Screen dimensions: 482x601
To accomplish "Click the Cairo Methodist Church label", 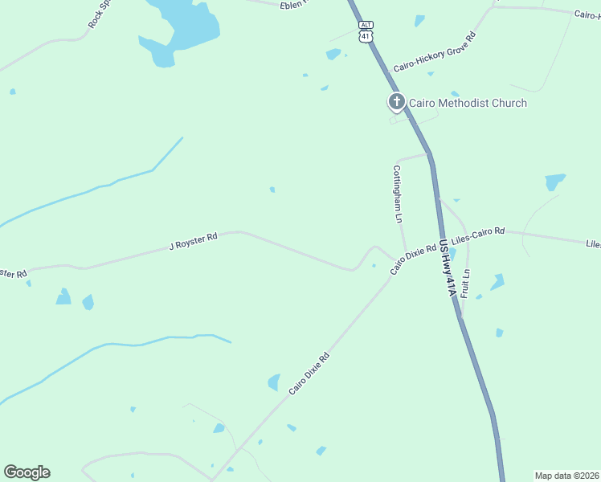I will pos(468,103).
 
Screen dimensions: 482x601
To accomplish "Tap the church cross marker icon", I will pos(396,102).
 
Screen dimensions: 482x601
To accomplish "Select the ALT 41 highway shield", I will pos(366,32).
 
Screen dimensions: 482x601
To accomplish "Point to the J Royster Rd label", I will pos(193,241).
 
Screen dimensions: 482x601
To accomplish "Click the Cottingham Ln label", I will pos(397,194).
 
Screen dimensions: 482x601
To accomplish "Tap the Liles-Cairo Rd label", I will pos(478,235).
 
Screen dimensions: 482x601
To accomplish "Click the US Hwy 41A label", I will pos(448,270).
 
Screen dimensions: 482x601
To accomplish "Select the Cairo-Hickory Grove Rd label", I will pos(435,53).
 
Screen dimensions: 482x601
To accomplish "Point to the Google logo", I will pos(27,472).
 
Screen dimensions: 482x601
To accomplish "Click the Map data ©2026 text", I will pos(566,476).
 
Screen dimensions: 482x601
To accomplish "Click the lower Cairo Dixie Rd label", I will pos(309,374).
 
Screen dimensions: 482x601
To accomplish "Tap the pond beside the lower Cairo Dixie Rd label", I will pos(274,382).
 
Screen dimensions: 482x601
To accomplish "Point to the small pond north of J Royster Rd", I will pos(272,190).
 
